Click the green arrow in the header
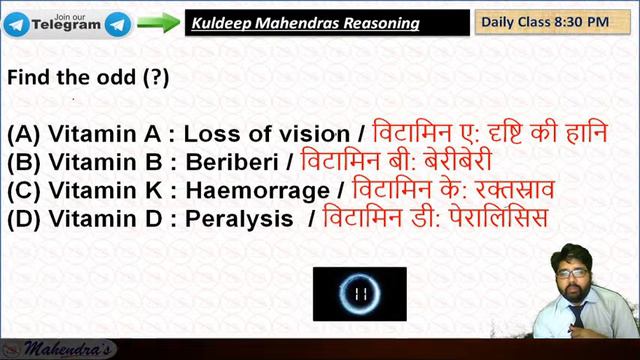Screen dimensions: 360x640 (x=158, y=22)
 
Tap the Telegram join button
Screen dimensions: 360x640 (x=67, y=21)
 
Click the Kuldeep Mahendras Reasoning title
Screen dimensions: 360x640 (x=306, y=22)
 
